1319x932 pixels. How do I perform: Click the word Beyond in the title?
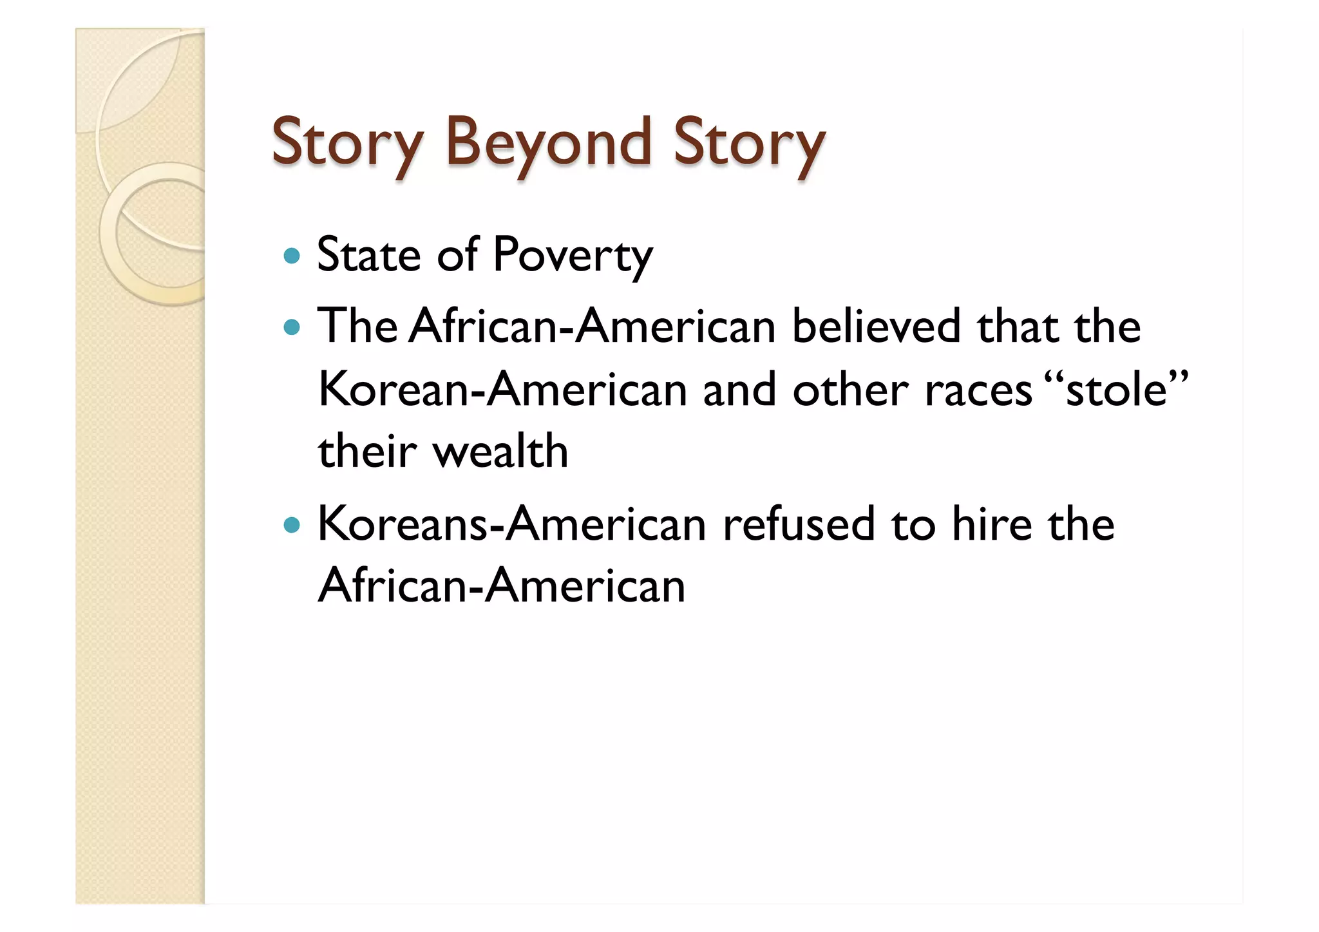548,143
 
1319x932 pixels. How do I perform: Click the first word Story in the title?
347,143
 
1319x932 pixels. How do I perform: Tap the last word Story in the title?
748,143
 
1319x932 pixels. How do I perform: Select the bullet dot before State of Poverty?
292,256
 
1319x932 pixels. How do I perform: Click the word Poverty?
573,256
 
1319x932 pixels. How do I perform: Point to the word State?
369,255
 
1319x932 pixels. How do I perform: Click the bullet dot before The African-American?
292,328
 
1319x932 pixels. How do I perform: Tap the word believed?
876,327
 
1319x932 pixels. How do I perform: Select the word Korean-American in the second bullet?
502,390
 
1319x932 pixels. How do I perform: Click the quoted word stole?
1116,390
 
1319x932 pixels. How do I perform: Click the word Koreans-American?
512,524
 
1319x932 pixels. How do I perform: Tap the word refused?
799,524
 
